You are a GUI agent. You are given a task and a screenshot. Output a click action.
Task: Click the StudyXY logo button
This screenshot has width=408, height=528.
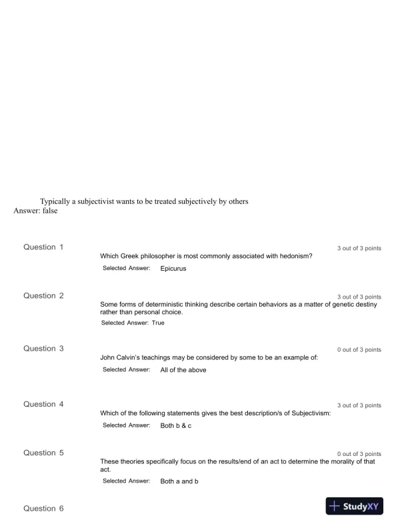[x=354, y=507]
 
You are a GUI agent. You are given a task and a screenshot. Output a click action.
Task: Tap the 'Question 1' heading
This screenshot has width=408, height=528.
[x=44, y=247]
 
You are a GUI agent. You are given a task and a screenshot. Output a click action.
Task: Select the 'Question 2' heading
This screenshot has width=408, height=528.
[x=44, y=296]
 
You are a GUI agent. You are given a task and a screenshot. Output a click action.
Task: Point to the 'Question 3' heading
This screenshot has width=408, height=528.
[x=44, y=349]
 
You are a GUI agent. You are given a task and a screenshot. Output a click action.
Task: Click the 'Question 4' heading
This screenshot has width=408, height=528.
[x=44, y=405]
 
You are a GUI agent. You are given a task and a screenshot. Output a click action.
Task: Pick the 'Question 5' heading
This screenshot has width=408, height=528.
[x=44, y=453]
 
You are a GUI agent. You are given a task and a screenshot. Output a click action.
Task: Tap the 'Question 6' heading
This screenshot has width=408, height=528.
[x=44, y=509]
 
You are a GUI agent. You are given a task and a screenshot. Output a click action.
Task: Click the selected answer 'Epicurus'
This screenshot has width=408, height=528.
[x=173, y=269]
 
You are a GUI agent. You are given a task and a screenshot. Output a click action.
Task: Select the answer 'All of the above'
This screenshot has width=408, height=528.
[x=183, y=370]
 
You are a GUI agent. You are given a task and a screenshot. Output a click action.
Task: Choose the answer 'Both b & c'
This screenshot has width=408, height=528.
[x=176, y=425]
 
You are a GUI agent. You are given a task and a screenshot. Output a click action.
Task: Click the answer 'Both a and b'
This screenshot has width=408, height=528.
[x=179, y=481]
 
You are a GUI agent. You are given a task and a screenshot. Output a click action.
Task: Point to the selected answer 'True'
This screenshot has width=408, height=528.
[x=158, y=323]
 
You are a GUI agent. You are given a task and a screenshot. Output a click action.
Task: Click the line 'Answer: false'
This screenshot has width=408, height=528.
[x=35, y=211]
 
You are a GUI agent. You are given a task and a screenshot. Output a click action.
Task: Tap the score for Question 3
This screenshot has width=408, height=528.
[x=359, y=350]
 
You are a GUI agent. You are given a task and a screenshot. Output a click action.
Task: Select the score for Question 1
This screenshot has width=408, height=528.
[x=359, y=249]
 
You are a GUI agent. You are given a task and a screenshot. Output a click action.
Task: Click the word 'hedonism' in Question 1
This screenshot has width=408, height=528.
[x=294, y=256]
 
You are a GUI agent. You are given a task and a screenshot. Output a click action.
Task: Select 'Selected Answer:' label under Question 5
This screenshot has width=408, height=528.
[x=127, y=481]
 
